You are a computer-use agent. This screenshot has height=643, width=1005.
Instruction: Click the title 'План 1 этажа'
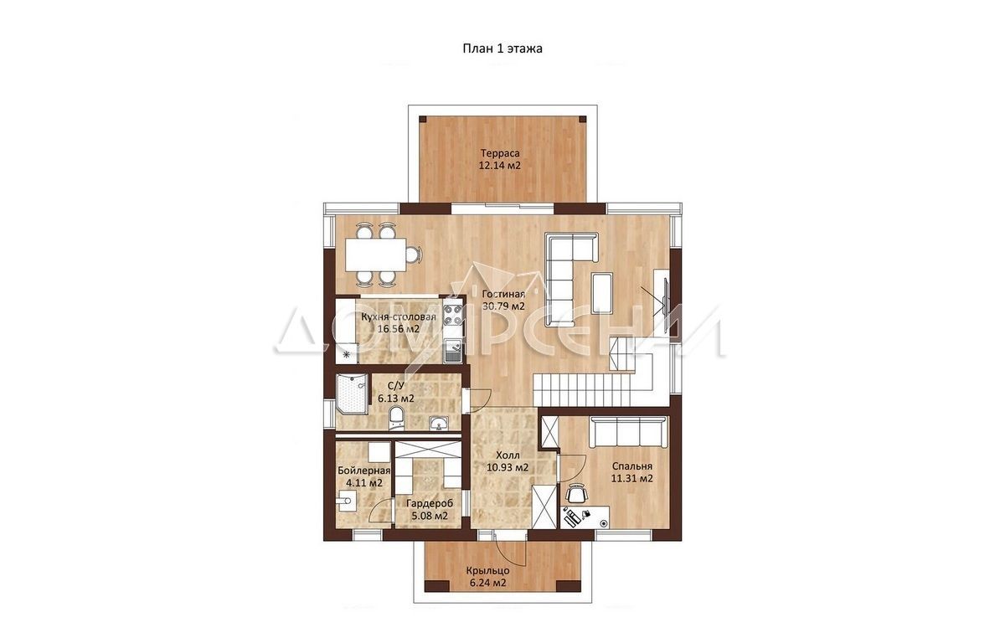[502, 49]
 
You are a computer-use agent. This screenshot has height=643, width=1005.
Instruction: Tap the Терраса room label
[500, 153]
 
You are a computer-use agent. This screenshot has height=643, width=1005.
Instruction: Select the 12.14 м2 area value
[500, 166]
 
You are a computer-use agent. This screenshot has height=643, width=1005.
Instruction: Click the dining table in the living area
[375, 255]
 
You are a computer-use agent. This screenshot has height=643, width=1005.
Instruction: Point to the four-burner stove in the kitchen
[453, 314]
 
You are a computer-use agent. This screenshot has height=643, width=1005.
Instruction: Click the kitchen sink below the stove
[453, 351]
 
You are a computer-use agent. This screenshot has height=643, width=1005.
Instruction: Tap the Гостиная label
[503, 294]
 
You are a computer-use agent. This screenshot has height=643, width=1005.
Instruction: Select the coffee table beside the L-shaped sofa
[602, 292]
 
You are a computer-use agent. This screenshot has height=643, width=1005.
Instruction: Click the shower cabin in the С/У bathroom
[352, 394]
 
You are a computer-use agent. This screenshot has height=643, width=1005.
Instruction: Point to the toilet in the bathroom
[395, 417]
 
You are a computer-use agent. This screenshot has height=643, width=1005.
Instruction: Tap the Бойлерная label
[364, 471]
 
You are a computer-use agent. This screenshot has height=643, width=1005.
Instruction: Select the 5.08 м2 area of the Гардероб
[430, 516]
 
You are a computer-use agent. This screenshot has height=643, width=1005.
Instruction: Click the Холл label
[508, 456]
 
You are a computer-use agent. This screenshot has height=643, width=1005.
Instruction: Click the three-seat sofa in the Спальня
[628, 432]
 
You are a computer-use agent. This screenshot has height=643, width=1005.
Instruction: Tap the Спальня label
[631, 466]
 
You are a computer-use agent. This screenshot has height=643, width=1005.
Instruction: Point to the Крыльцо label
[487, 571]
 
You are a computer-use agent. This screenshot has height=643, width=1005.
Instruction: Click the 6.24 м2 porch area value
[487, 583]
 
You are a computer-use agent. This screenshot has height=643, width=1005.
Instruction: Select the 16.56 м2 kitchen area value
[399, 329]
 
